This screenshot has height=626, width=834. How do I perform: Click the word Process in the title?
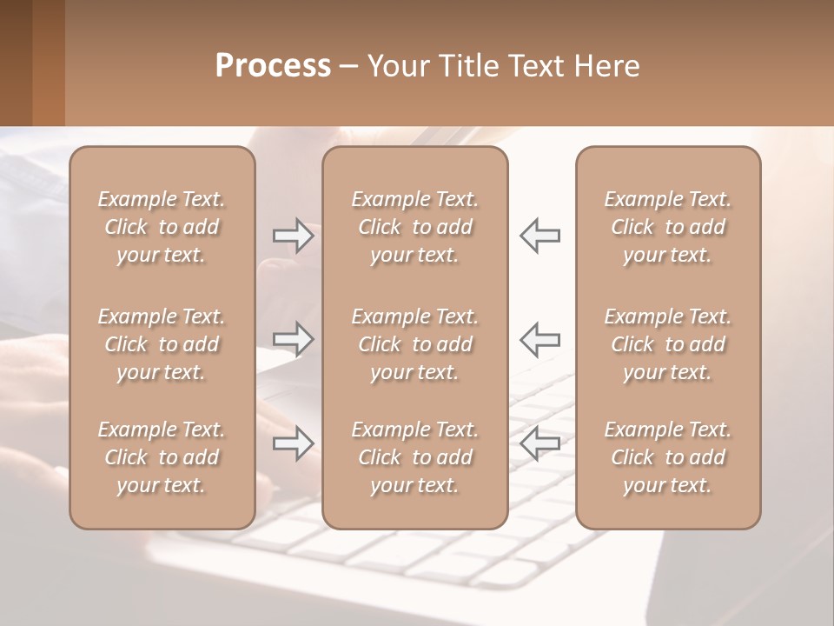pos(273,66)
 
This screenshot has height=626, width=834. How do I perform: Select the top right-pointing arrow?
pos(293,236)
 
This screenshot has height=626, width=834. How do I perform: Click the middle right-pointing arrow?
pos(293,338)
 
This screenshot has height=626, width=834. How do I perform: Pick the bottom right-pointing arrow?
pos(293,443)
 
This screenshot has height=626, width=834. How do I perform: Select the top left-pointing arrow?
pos(539,236)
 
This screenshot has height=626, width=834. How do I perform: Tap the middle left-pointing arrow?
pos(539,338)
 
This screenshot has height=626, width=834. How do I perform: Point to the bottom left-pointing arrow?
pos(539,443)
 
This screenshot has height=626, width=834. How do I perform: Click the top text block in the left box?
pos(162,227)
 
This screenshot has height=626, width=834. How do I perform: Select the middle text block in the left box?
pos(162,344)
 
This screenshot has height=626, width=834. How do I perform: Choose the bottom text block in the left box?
pos(162,457)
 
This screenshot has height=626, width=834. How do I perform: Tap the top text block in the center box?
pos(414,227)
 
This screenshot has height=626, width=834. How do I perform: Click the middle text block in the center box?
pos(414,344)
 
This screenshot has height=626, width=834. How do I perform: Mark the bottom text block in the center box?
pos(414,457)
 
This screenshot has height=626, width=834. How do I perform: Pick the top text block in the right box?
pos(667,227)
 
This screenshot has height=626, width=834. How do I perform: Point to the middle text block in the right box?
pos(667,344)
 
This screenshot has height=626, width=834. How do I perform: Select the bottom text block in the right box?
pos(667,457)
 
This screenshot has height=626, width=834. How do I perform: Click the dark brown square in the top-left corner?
pos(16,63)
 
